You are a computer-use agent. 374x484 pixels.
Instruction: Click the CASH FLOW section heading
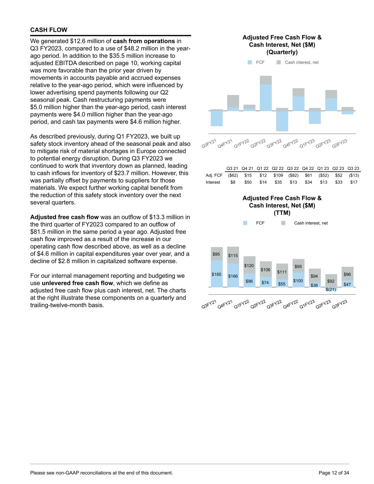(x=49, y=30)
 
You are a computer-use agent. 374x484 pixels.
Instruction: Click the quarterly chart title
(x=282, y=45)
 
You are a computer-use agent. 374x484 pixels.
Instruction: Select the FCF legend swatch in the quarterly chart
(x=250, y=62)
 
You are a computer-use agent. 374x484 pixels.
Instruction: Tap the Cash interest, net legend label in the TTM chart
(x=311, y=223)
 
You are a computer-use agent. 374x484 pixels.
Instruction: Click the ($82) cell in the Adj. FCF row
(x=293, y=175)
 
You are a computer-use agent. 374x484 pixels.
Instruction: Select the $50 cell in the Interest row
(x=248, y=182)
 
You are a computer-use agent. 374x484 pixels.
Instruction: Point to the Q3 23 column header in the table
(x=353, y=168)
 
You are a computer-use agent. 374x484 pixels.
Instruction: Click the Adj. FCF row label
(x=214, y=175)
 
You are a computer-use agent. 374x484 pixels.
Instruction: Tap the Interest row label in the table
(x=213, y=182)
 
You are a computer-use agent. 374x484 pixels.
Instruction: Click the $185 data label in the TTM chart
(x=216, y=274)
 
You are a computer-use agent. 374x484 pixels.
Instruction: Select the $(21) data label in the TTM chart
(x=331, y=289)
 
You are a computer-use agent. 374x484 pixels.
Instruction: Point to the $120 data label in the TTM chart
(x=249, y=266)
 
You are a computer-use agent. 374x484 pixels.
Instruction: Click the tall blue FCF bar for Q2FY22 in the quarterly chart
(x=266, y=98)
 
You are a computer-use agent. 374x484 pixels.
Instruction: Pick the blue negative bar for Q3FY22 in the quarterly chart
(x=282, y=121)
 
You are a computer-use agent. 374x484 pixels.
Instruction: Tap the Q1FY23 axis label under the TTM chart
(x=307, y=305)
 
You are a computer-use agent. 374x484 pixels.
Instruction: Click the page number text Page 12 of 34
(x=334, y=473)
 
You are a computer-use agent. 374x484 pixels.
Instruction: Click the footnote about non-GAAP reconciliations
(x=102, y=473)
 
